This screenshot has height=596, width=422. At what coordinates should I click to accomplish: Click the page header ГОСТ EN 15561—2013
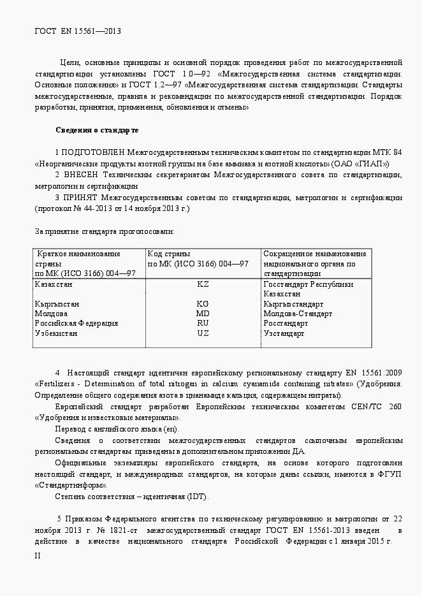click(77, 31)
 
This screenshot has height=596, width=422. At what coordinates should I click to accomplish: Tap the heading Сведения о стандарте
click(97, 130)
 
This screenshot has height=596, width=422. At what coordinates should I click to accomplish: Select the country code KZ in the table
click(203, 284)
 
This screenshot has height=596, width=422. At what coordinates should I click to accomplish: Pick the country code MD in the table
click(203, 314)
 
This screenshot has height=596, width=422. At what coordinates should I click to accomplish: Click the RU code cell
click(203, 323)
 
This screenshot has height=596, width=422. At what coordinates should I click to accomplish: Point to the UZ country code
click(203, 333)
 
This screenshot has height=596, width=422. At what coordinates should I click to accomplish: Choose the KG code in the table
click(203, 304)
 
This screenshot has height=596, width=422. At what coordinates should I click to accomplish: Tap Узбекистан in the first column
click(57, 333)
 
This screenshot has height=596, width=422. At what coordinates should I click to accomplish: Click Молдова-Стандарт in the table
click(298, 314)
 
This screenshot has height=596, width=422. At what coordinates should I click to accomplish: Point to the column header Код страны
click(169, 254)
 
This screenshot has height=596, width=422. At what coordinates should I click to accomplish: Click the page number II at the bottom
click(38, 556)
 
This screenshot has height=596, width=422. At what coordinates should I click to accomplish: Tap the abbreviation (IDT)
click(196, 497)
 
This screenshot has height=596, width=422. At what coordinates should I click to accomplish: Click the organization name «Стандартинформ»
click(68, 485)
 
